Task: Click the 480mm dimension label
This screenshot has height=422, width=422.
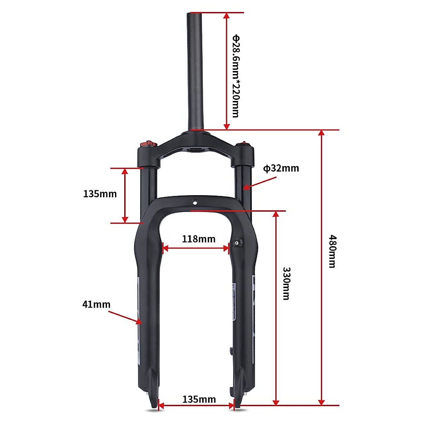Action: point(332,251)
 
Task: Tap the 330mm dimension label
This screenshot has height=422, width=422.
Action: point(287,283)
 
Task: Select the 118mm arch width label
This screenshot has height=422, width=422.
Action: point(198,239)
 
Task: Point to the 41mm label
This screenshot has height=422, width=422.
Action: point(96,304)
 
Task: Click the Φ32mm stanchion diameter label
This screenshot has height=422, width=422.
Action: point(281,168)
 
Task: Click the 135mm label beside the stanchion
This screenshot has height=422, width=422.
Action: point(100,194)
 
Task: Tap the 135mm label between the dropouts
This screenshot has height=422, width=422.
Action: point(199,399)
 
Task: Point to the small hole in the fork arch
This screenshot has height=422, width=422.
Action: point(195,203)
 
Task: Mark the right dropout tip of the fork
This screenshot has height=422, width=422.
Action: point(237,408)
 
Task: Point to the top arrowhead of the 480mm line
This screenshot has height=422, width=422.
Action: point(321,133)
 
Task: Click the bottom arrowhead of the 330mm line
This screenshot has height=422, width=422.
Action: point(276,402)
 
